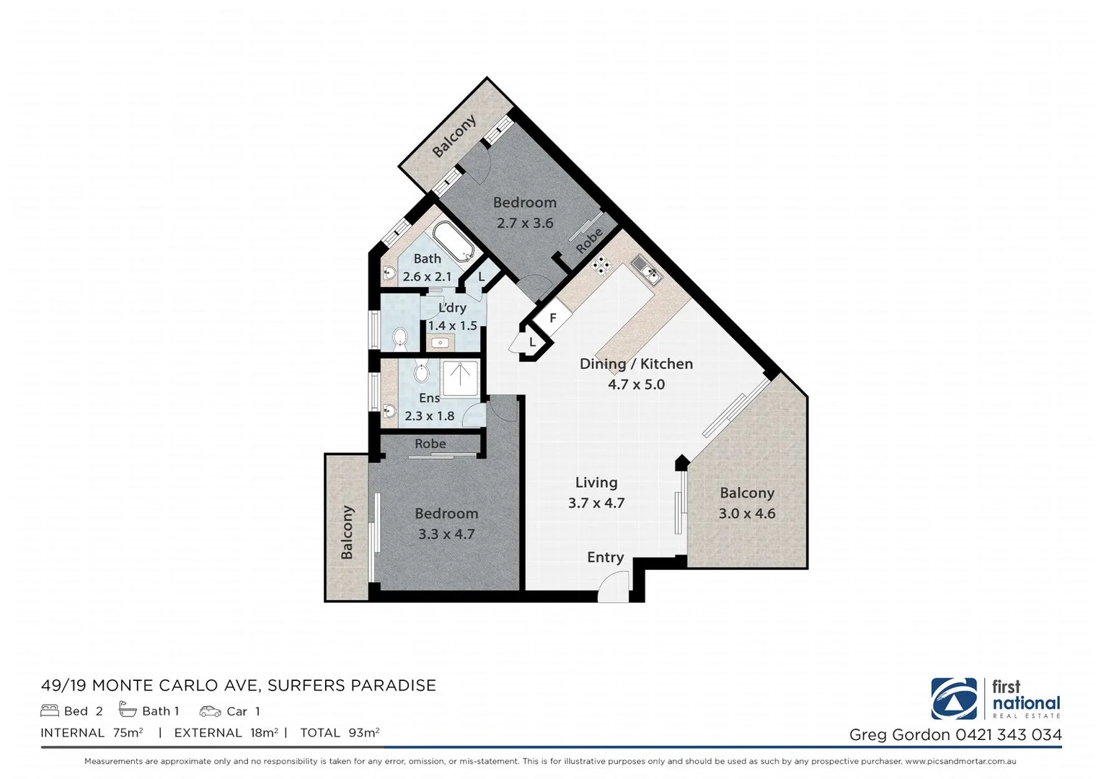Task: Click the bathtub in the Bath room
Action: (453, 242)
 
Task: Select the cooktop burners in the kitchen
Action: (601, 266)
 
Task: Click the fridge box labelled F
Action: (553, 318)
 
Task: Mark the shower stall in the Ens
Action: (460, 379)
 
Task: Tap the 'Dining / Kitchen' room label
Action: (636, 364)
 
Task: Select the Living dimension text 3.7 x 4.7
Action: (596, 503)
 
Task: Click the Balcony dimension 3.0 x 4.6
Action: (747, 514)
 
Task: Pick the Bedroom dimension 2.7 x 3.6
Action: (525, 224)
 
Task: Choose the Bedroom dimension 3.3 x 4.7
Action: (446, 534)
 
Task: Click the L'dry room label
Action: (452, 308)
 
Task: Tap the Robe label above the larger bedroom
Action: (430, 444)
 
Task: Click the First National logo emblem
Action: (954, 699)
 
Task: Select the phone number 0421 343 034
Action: (1009, 735)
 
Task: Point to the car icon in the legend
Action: (210, 711)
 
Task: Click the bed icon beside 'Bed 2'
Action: (50, 711)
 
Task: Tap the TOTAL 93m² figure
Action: (340, 733)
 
